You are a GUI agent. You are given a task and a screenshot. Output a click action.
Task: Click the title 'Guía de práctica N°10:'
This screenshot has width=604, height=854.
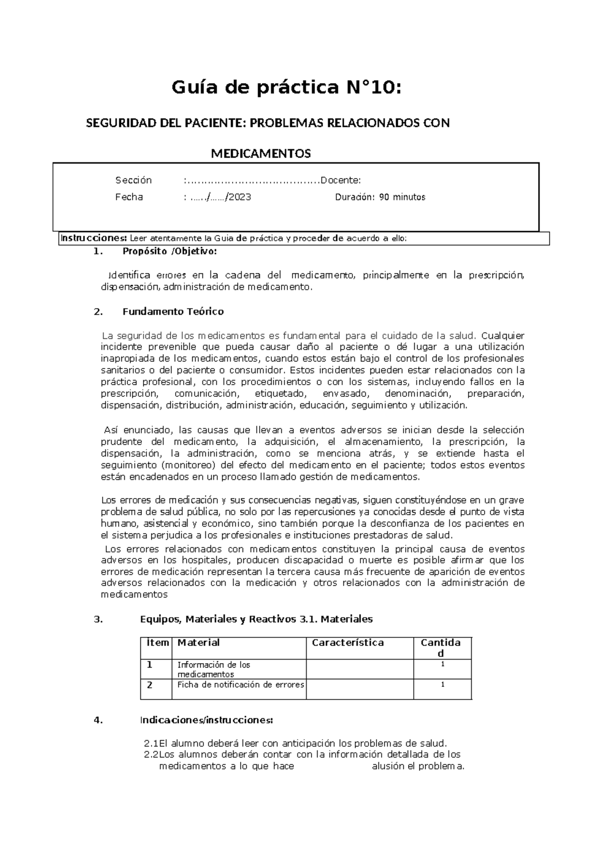point(287,88)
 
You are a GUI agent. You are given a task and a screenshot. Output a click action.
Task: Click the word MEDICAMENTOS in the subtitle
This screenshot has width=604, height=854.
point(260,154)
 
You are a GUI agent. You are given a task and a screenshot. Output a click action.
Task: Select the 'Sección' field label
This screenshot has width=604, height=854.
point(133,180)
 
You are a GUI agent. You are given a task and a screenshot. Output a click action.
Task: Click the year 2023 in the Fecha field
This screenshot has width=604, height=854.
point(240,197)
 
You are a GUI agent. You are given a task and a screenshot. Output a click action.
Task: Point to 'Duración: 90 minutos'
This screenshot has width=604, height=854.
point(380,197)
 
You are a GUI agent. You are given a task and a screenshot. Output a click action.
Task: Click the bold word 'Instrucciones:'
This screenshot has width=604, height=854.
point(94,238)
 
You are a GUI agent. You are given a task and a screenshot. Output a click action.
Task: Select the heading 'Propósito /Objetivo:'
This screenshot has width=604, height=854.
point(170,251)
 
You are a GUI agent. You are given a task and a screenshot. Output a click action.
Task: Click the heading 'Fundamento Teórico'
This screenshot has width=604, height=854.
point(173,311)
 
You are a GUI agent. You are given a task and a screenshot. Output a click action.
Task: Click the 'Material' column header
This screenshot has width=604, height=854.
point(198,643)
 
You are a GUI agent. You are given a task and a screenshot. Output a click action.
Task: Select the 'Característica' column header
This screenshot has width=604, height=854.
point(347,643)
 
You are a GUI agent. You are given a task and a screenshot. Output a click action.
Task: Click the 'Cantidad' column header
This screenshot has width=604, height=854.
point(440,648)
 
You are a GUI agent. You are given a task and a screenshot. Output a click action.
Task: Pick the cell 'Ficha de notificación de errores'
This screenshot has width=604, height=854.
point(241,685)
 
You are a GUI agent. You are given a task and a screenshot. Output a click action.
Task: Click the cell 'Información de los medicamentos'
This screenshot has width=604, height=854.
point(213,669)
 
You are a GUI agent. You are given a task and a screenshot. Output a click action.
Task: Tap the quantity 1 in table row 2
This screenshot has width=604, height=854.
point(442,685)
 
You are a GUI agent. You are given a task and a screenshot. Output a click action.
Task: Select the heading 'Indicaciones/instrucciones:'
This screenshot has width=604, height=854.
point(206,720)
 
